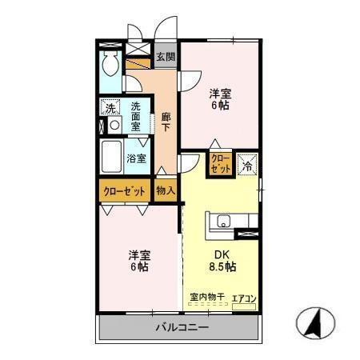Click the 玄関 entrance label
point(166,56)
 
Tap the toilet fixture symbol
point(111,64)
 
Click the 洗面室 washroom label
point(136,117)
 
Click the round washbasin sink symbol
point(114,126)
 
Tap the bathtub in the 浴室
point(112,158)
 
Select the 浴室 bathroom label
point(137,158)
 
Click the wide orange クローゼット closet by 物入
point(125,191)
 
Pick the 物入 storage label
point(165,191)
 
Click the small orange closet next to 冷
point(220,164)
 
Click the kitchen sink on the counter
point(222,222)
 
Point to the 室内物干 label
point(206,298)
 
